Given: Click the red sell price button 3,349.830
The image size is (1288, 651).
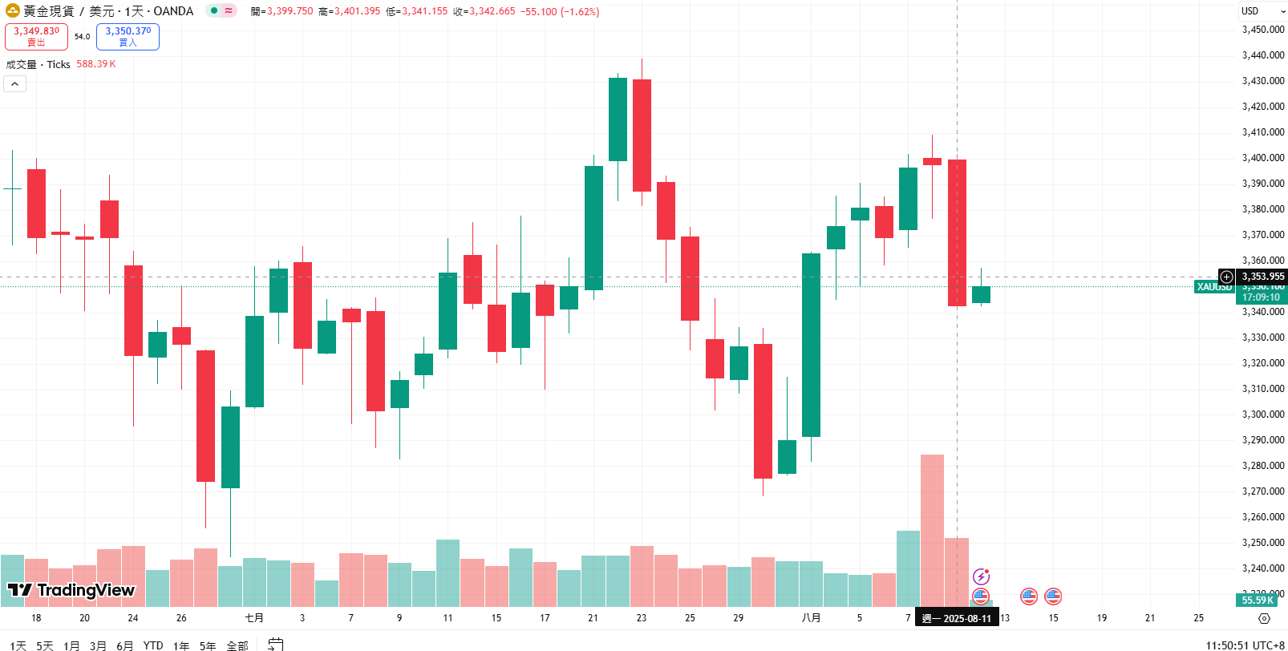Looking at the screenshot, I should click(36, 36).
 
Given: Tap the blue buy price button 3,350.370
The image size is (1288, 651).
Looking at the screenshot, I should click(128, 36).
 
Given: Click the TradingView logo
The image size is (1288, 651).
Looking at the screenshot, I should click(71, 590).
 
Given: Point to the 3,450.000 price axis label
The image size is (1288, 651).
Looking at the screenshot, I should click(1263, 30).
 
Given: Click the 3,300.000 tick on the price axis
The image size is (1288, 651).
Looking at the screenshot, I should click(1263, 414).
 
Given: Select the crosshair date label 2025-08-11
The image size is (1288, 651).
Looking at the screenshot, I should click(957, 618).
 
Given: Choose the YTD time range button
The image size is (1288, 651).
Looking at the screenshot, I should click(152, 645).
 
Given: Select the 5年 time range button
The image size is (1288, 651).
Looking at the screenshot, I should click(208, 645).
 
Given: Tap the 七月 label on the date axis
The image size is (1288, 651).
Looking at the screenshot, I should click(254, 618).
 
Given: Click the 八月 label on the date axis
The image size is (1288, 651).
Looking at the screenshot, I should click(811, 618).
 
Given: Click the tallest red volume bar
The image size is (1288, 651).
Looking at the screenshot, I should click(932, 529).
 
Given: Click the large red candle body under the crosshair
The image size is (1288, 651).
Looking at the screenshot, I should click(957, 232).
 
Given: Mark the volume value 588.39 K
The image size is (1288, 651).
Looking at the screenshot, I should click(96, 64).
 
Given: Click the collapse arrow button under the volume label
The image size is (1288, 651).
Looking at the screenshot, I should click(15, 83).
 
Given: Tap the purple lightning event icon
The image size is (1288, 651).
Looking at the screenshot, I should click(981, 576).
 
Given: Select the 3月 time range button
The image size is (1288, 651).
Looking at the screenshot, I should click(98, 645).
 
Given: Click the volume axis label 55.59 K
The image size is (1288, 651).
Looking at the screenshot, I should click(1258, 600).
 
